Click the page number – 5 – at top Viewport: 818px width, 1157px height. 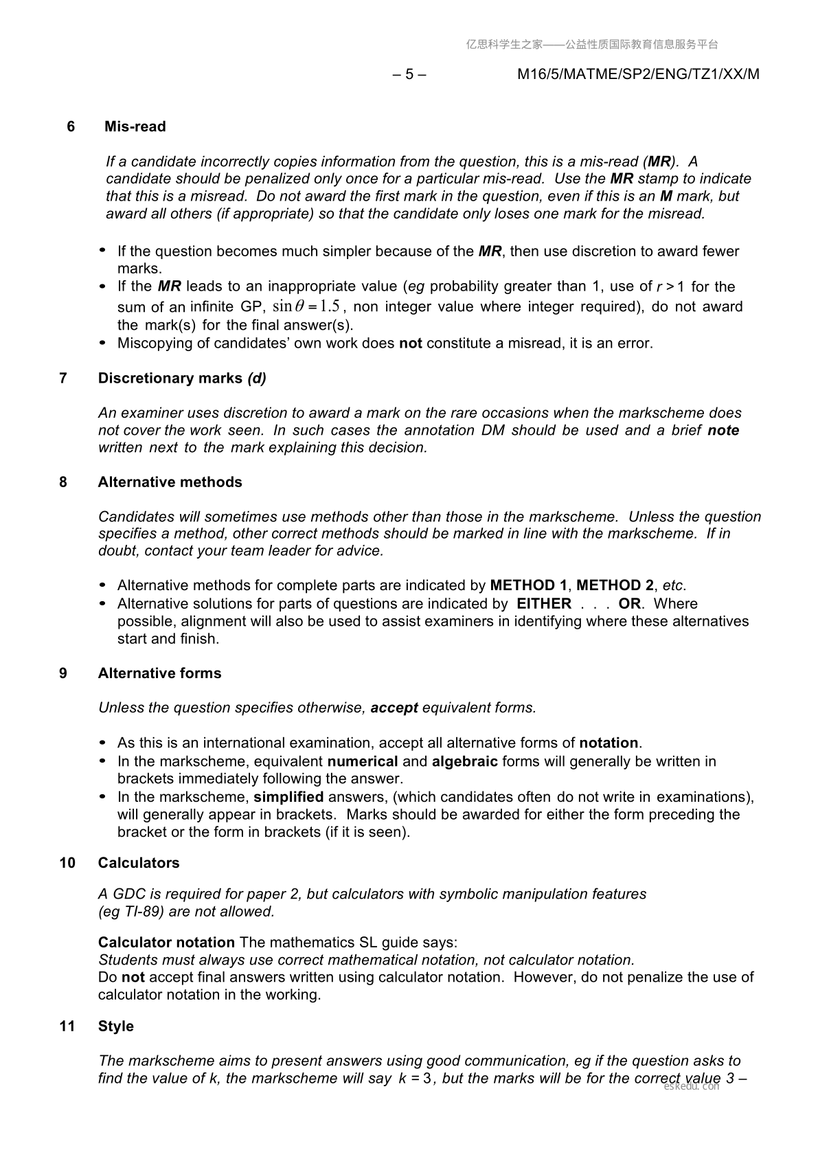click(409, 74)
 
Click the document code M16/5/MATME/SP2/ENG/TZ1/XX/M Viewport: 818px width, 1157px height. click(638, 74)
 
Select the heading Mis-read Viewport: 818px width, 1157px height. click(135, 126)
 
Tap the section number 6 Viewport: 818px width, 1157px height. click(71, 126)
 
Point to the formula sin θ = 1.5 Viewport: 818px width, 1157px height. click(306, 306)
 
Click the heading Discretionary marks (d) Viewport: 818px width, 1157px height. click(182, 378)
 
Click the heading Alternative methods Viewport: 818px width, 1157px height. click(170, 482)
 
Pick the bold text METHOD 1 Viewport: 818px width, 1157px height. click(528, 585)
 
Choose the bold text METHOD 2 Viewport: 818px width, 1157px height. click(615, 585)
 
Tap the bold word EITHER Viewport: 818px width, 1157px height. click(544, 603)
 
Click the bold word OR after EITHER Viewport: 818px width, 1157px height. click(629, 603)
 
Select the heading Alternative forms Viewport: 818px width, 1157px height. click(159, 673)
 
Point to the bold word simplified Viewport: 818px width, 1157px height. click(288, 797)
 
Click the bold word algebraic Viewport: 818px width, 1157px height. click(464, 761)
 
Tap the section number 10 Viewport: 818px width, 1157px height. click(67, 862)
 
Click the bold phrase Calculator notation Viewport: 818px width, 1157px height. click(166, 942)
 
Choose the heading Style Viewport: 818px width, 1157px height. click(115, 1026)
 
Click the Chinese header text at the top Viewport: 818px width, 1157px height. click(591, 45)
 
